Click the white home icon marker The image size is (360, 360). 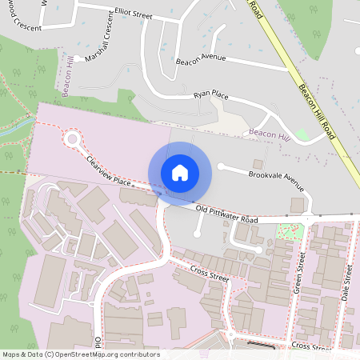[x=180, y=173]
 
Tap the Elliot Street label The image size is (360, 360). [x=132, y=14]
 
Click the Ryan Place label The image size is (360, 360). [x=211, y=96]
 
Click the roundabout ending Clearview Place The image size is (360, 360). [x=74, y=138]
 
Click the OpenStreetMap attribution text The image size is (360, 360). [x=80, y=354]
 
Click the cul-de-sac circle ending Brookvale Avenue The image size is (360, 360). [x=222, y=166]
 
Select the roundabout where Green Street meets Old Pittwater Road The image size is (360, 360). [x=307, y=218]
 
